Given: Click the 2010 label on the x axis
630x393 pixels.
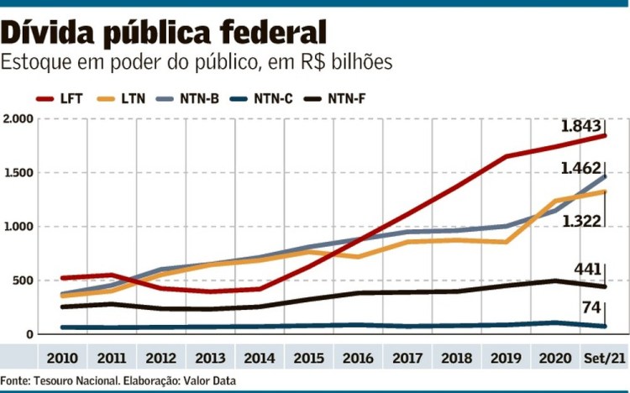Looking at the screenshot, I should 62,359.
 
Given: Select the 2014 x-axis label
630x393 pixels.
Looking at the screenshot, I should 260,359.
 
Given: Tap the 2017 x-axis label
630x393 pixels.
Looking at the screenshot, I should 408,359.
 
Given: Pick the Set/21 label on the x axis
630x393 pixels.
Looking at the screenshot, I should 605,359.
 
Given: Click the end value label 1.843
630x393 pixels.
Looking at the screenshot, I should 580,127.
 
